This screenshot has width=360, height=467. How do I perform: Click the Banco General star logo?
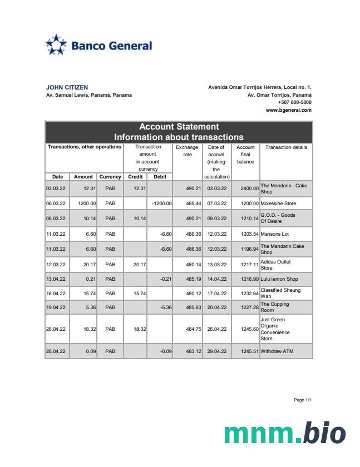(x=56, y=45)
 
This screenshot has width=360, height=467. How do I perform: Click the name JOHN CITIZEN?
(x=67, y=87)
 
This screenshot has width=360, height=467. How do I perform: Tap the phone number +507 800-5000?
(x=294, y=102)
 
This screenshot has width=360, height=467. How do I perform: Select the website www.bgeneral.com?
(x=288, y=110)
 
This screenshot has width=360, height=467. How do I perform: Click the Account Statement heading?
(x=179, y=127)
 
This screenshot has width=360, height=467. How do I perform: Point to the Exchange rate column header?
(x=187, y=151)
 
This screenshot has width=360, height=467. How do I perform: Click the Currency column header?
(x=110, y=177)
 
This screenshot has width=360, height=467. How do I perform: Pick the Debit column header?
(x=160, y=177)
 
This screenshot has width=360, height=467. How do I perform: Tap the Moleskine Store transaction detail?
(x=278, y=203)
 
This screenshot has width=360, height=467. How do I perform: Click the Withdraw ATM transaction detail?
(x=277, y=351)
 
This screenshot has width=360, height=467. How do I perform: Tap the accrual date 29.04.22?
(x=216, y=351)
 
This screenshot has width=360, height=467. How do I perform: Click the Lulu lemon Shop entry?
(x=279, y=279)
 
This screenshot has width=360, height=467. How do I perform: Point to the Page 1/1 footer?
(x=302, y=400)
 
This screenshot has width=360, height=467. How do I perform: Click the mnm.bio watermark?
(x=284, y=434)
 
